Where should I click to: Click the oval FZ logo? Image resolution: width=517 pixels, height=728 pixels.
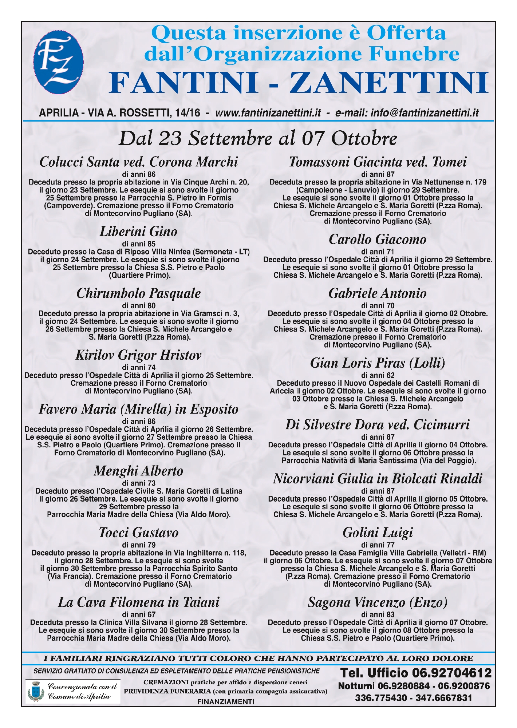coord(58,62)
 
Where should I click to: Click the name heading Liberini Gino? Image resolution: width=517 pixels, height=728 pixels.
coord(138,232)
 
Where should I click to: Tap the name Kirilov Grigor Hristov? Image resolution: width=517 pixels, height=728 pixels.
coord(138,355)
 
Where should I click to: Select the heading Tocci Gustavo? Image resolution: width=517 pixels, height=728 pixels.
coord(139,533)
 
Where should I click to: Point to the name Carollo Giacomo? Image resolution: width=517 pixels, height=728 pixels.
coord(378,239)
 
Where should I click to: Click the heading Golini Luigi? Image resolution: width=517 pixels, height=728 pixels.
coord(378,533)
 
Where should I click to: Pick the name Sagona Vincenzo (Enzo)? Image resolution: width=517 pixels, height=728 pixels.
coord(378,602)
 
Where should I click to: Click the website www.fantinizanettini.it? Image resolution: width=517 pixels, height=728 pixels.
coord(268,113)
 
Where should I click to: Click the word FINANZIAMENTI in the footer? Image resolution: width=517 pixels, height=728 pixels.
coord(226,702)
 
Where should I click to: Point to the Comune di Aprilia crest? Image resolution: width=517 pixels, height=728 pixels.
coord(36,691)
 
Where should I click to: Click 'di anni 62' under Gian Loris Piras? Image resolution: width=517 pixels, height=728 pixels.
coord(378,375)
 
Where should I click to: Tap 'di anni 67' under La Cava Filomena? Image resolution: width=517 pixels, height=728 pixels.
coord(138,614)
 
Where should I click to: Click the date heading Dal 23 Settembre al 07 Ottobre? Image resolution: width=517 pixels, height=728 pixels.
coord(258,138)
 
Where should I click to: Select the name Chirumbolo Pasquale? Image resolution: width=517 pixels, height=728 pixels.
coord(138,293)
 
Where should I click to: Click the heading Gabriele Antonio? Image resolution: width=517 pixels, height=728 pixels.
coord(378,293)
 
